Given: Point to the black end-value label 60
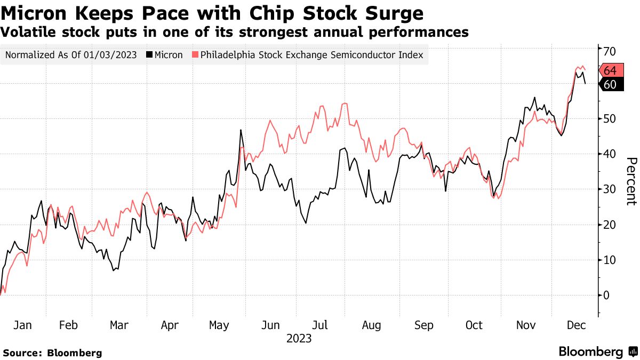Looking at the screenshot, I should [610, 84].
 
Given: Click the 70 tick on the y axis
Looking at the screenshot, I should [610, 51].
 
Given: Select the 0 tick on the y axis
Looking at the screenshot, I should [606, 295].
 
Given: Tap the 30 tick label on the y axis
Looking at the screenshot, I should [610, 189].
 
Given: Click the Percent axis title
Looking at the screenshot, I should [631, 181].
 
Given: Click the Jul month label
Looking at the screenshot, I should [320, 325].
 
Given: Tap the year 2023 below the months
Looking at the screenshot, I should [299, 338].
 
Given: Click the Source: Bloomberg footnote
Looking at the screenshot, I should [52, 353].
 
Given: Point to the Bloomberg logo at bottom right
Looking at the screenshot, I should [597, 352].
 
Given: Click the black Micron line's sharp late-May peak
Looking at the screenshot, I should [241, 130].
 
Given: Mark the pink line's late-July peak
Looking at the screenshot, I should [345, 103].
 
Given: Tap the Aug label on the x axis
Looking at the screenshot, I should [371, 325].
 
